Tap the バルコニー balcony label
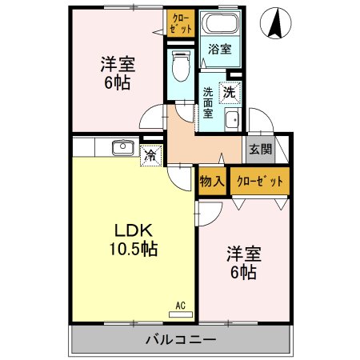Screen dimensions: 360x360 180,340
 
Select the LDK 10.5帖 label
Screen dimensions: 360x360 133,238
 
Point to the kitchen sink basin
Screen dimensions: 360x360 122,147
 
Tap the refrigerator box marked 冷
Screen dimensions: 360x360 149,156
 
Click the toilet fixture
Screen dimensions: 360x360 180,64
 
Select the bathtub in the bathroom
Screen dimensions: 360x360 218,25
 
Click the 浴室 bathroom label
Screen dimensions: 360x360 219,50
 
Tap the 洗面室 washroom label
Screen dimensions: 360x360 207,103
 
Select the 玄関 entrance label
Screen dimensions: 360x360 260,149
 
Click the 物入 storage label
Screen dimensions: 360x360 211,182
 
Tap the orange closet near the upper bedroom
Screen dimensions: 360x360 180,22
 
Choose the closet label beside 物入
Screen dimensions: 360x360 260,182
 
